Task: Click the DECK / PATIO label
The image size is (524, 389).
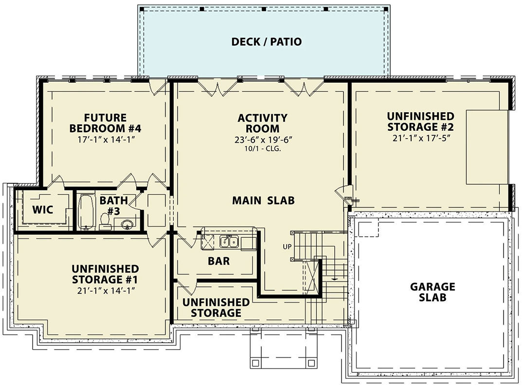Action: click(266, 42)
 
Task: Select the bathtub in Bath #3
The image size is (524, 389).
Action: click(86, 212)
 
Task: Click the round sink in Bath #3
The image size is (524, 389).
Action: click(126, 225)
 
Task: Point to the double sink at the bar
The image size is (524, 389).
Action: click(228, 241)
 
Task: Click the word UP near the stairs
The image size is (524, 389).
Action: click(287, 247)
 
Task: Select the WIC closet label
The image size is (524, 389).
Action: click(42, 210)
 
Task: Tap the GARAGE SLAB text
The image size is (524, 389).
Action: click(432, 292)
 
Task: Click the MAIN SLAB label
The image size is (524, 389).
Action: click(263, 200)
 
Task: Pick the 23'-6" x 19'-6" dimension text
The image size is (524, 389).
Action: click(263, 140)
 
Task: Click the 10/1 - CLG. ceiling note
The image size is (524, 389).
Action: click(263, 149)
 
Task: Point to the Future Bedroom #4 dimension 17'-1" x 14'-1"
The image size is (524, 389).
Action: click(105, 140)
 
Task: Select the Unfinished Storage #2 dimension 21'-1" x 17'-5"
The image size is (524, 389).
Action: click(420, 138)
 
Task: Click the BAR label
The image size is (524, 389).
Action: click(218, 261)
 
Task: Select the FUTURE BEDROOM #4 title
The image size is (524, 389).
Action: click(105, 123)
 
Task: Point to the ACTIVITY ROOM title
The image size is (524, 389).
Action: click(263, 123)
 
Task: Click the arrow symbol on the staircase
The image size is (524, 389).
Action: click(335, 279)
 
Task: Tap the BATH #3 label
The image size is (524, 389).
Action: click(114, 204)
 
